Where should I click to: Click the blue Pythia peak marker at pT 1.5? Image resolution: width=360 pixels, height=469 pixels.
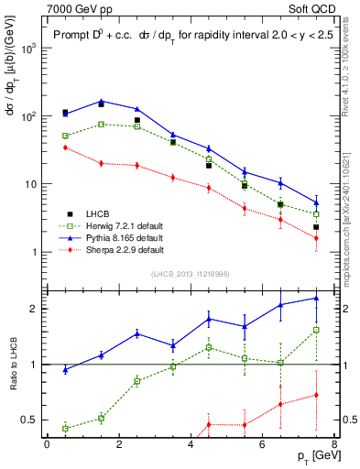coord(101,101)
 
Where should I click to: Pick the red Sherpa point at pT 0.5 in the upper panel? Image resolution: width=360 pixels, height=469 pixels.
coord(65,147)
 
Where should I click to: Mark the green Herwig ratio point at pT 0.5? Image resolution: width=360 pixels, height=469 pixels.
coord(65,428)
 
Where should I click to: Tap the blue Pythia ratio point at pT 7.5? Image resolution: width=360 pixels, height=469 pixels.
coord(316,298)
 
